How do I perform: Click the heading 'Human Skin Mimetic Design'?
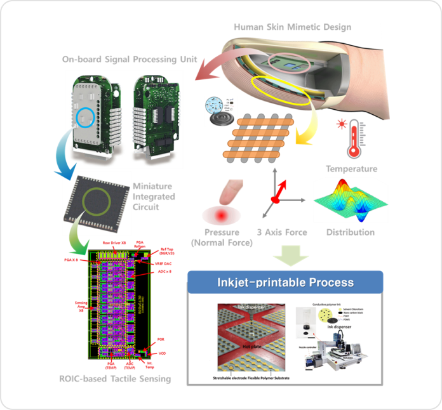coord(292,27)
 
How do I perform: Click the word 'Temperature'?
coord(351,169)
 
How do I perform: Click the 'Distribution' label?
coord(351,232)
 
